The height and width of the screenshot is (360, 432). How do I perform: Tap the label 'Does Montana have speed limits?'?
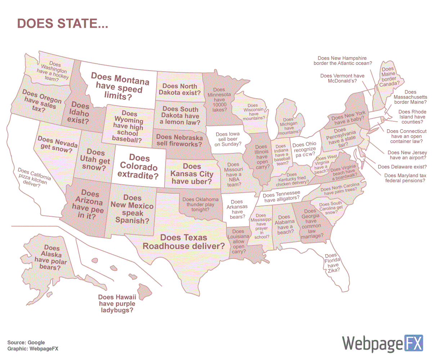[x=120, y=87]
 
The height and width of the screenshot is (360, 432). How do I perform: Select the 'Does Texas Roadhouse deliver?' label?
[x=184, y=242]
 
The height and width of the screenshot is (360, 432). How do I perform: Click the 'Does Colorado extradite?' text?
[x=139, y=167]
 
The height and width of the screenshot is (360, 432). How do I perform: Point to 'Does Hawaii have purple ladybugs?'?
[x=117, y=303]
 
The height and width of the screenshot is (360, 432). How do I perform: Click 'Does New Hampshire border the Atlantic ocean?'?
[x=345, y=60]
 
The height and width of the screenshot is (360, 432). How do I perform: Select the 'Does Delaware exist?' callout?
[x=399, y=167]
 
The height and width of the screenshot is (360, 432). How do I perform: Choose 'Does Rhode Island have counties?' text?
[x=412, y=117]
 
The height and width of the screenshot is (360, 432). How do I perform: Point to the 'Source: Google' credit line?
[x=26, y=342]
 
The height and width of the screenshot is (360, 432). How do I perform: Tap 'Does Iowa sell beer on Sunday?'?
[x=228, y=139]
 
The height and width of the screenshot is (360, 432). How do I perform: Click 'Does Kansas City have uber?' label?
[x=192, y=174]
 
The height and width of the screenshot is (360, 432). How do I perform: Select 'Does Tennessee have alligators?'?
[x=281, y=196]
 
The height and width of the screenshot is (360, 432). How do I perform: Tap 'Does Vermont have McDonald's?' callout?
[x=342, y=78]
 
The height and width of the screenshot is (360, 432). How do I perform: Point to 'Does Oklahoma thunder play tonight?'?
[x=201, y=204]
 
